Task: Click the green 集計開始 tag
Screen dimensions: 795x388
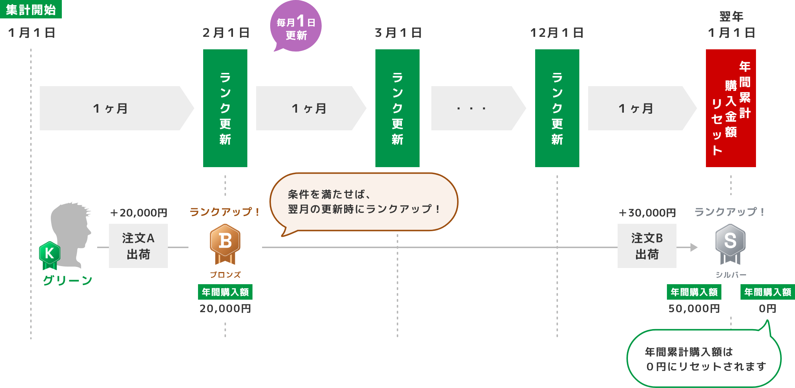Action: (31, 9)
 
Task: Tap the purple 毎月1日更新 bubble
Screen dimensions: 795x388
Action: (296, 26)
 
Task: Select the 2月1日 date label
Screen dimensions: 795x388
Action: (226, 33)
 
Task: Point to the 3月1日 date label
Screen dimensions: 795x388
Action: (398, 33)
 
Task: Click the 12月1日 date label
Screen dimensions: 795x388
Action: (557, 33)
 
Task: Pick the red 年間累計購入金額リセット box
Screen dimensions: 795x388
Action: (731, 108)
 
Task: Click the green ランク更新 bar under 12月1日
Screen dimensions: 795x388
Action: (557, 108)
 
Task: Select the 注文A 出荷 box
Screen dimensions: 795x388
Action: (138, 246)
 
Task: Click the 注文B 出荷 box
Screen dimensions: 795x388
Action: (647, 246)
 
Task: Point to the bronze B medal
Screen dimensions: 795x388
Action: (225, 244)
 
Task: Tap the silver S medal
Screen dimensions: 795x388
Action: (731, 244)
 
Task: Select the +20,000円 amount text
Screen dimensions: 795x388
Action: (138, 213)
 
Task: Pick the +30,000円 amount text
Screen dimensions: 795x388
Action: (647, 213)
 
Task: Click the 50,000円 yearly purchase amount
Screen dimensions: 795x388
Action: (694, 308)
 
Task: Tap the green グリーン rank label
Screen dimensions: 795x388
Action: (68, 281)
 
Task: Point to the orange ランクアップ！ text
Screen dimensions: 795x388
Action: (225, 212)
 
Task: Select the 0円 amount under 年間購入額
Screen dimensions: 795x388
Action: (768, 308)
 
